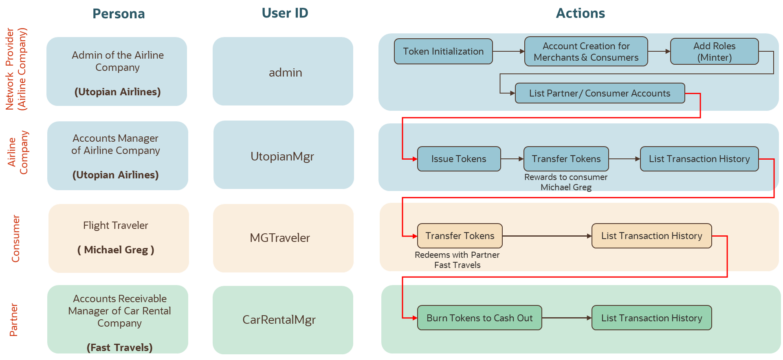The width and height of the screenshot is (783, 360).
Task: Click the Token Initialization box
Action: click(x=443, y=51)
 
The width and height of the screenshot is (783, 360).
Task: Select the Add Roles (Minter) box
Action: click(x=714, y=51)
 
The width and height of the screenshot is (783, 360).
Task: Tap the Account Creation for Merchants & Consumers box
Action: click(x=586, y=51)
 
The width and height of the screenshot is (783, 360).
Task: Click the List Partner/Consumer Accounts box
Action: click(x=600, y=93)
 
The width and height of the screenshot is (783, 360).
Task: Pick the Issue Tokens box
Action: click(x=459, y=159)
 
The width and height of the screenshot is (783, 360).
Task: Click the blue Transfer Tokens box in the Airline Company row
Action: click(x=566, y=159)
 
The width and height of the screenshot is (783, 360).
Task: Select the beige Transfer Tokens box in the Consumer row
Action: click(x=460, y=236)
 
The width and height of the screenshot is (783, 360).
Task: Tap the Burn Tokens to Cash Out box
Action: click(x=479, y=318)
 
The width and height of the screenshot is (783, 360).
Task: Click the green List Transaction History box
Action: click(x=651, y=318)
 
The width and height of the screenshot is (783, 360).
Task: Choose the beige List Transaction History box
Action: click(x=651, y=236)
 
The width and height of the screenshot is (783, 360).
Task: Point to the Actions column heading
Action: click(x=580, y=13)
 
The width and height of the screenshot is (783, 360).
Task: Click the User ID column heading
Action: click(x=285, y=13)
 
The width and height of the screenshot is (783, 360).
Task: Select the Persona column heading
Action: click(x=119, y=14)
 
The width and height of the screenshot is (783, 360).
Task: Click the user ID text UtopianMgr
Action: click(x=282, y=156)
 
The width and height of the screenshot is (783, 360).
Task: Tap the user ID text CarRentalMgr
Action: click(x=279, y=320)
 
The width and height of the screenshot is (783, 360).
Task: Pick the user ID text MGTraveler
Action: click(x=280, y=238)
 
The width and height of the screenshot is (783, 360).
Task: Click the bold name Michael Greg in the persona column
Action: click(x=116, y=250)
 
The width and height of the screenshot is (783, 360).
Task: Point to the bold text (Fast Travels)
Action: click(x=119, y=347)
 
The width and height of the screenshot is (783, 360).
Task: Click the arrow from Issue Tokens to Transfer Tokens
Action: click(x=512, y=159)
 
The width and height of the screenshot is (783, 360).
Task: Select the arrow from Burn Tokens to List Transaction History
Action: click(x=567, y=318)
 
